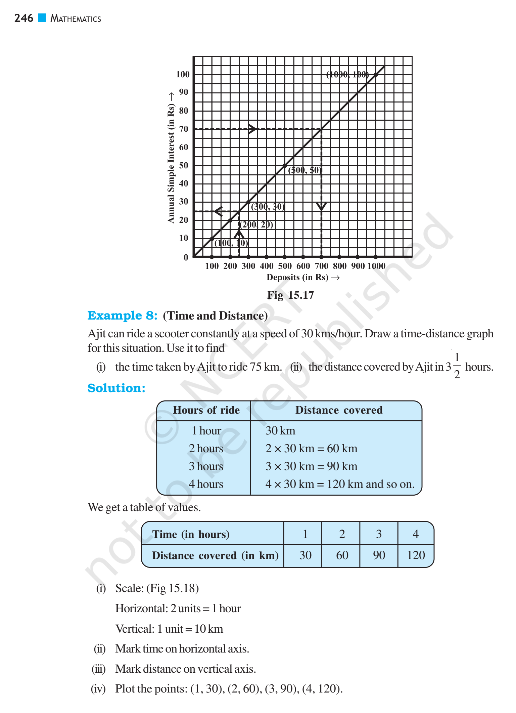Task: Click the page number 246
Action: pyautogui.click(x=24, y=18)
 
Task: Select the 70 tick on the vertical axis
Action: pyautogui.click(x=184, y=129)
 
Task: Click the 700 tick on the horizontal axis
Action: pyautogui.click(x=321, y=266)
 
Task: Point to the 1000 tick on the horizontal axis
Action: pyautogui.click(x=376, y=266)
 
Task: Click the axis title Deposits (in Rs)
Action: pyautogui.click(x=297, y=277)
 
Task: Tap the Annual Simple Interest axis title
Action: pyautogui.click(x=171, y=163)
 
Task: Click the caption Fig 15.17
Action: pyautogui.click(x=290, y=295)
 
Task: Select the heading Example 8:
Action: pyautogui.click(x=122, y=316)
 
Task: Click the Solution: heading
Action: pyautogui.click(x=116, y=388)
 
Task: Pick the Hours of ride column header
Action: pyautogui.click(x=206, y=410)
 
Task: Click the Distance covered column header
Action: pyautogui.click(x=339, y=410)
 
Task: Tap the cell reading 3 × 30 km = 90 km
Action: pyautogui.click(x=311, y=466)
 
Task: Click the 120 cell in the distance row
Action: pyautogui.click(x=416, y=555)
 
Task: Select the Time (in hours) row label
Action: pyautogui.click(x=191, y=534)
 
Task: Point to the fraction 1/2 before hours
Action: pyautogui.click(x=457, y=366)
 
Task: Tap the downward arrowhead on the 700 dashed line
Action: pyautogui.click(x=321, y=206)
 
